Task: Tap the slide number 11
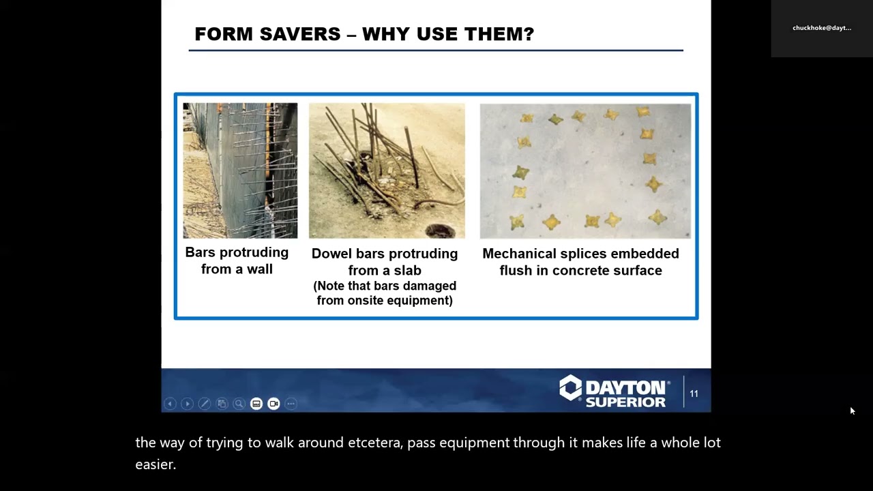pos(694,393)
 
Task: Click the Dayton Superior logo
pos(612,391)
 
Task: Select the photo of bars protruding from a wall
pos(240,170)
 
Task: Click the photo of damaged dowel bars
pos(387,170)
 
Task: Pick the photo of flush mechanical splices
pos(585,170)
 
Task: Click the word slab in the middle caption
pos(406,271)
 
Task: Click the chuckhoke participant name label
pos(821,28)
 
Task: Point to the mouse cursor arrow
pos(852,411)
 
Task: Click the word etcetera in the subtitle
pos(374,443)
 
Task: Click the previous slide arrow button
pos(170,404)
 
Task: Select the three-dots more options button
pos(291,404)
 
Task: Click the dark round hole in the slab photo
pos(439,231)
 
